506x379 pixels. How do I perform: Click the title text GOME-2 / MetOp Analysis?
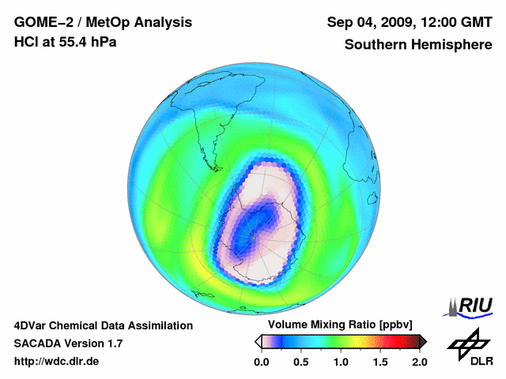[x=102, y=21]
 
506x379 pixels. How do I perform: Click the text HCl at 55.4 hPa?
[x=65, y=42]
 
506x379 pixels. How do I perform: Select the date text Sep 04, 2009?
[x=367, y=21]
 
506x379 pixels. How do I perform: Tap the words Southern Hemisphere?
[x=419, y=45]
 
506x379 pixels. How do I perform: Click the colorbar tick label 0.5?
[x=301, y=362]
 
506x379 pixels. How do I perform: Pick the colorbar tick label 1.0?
[x=341, y=362]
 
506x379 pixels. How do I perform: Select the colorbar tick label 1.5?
[x=380, y=362]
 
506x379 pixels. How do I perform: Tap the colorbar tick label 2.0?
[x=419, y=362]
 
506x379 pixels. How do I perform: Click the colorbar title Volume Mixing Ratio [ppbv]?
[x=340, y=325]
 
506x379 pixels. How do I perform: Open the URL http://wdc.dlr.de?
[x=57, y=362]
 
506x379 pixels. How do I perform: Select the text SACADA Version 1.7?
[x=68, y=343]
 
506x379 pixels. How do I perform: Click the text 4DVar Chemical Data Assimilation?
[x=103, y=325]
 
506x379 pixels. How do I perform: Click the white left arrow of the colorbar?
[x=259, y=341]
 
